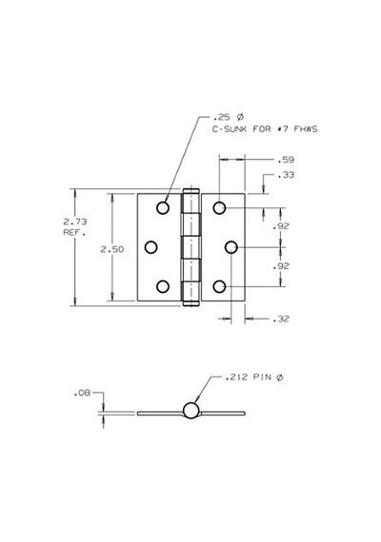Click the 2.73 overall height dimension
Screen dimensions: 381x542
(x=75, y=222)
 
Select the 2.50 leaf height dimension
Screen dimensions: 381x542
(x=111, y=249)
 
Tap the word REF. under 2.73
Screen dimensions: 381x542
(x=74, y=232)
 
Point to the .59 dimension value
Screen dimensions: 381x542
(x=286, y=160)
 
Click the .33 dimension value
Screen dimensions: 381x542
(x=286, y=175)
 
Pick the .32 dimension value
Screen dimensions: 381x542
(x=281, y=319)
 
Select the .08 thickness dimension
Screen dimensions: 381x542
(x=82, y=393)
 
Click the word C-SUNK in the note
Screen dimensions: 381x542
(x=229, y=129)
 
